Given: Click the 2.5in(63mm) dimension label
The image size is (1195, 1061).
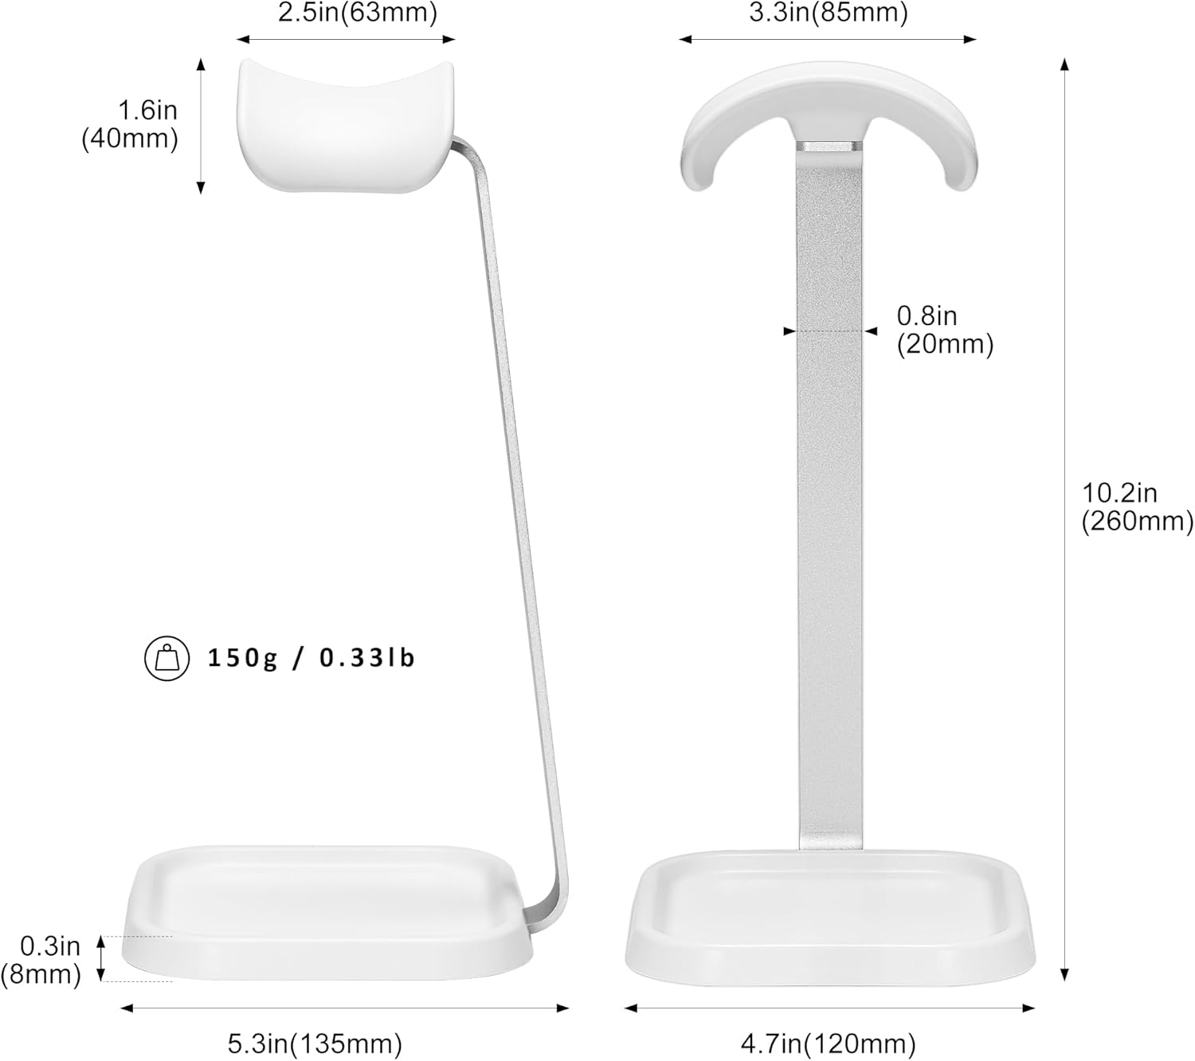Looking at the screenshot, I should click(357, 14).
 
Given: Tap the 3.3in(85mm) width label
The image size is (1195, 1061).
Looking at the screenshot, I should click(828, 14).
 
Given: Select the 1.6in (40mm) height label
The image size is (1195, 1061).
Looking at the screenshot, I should click(131, 124).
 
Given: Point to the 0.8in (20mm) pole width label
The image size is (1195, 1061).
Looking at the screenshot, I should click(945, 330).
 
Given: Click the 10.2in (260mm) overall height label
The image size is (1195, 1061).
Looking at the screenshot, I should click(1136, 507).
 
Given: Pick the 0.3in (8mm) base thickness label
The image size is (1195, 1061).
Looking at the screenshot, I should click(45, 960).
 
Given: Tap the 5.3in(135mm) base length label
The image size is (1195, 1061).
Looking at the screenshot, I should click(315, 1043).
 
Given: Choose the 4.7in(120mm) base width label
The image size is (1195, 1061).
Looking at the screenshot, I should click(828, 1043).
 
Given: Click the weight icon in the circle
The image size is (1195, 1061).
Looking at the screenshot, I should click(167, 659).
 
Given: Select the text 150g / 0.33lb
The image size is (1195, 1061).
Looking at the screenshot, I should click(311, 659).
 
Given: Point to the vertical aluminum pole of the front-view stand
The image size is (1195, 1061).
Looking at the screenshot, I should click(829, 494).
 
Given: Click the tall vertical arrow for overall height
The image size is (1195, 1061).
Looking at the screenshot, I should click(1064, 518).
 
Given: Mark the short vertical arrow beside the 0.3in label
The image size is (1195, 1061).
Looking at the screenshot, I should click(101, 959).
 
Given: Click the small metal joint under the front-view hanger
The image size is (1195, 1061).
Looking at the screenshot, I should click(829, 147).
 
